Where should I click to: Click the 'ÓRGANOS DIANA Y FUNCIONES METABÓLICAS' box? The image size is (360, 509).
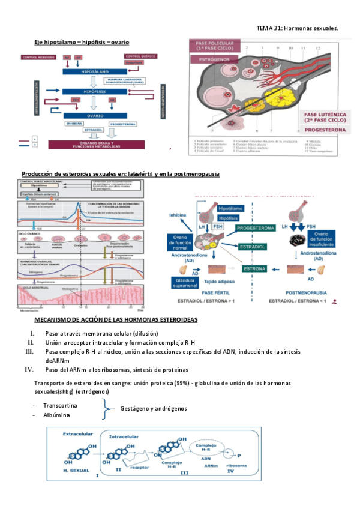(90, 145)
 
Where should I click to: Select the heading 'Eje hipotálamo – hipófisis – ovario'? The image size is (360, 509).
(82, 43)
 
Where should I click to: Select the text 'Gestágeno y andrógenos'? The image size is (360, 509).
(153, 408)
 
